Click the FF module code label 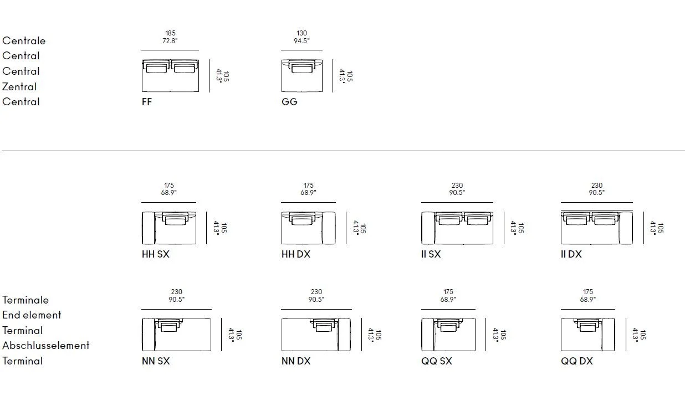click(x=147, y=102)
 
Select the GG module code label click(x=289, y=102)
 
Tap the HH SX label click(x=155, y=254)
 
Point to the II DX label click(x=571, y=254)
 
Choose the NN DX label click(x=296, y=361)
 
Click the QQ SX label click(x=436, y=361)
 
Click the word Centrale click(x=24, y=40)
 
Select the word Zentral click(x=19, y=86)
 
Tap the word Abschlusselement click(x=46, y=346)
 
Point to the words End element click(x=32, y=315)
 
